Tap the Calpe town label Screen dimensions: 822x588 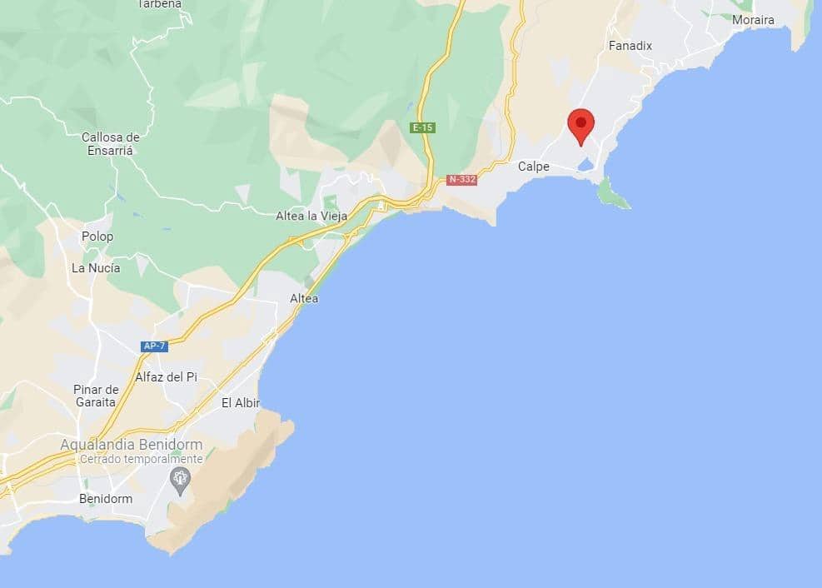(x=534, y=167)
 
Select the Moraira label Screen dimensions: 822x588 (x=753, y=20)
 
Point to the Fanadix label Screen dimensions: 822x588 (x=630, y=46)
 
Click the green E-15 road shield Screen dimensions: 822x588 (x=423, y=128)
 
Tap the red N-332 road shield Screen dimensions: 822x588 (x=461, y=179)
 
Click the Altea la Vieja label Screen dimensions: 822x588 (x=311, y=216)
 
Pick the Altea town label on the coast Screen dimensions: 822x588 (x=304, y=298)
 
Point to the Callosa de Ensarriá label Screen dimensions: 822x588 (x=111, y=144)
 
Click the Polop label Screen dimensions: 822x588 (x=97, y=237)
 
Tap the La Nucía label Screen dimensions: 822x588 (x=96, y=268)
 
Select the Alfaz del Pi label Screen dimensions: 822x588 (x=167, y=377)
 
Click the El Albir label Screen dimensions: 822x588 (x=241, y=403)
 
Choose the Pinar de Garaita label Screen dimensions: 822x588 (x=97, y=396)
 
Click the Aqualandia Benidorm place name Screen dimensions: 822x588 (x=131, y=445)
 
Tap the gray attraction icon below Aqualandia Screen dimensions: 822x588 (x=179, y=480)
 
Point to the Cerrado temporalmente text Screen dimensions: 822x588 (x=142, y=459)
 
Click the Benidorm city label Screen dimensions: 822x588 (x=106, y=499)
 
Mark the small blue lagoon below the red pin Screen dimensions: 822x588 (x=585, y=167)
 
